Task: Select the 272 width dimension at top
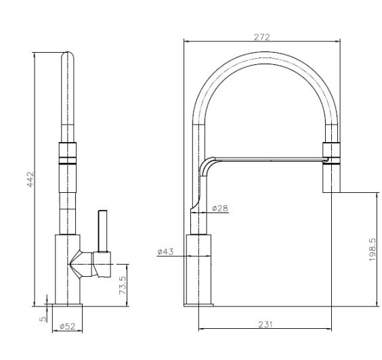point(261,37)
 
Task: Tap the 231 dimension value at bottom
point(265,325)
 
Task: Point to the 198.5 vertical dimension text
point(371,250)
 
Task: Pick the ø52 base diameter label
point(67,327)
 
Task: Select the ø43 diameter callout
point(165,252)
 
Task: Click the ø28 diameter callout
point(219,208)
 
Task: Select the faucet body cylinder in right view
point(199,267)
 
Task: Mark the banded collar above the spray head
point(331,154)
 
